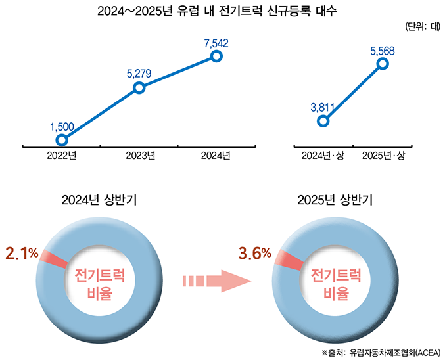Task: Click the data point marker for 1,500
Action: pyautogui.click(x=62, y=140)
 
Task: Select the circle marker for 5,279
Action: pyautogui.click(x=139, y=87)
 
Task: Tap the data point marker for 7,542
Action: pyautogui.click(x=216, y=56)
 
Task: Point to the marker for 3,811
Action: pyautogui.click(x=322, y=121)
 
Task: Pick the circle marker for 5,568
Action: pyautogui.click(x=383, y=64)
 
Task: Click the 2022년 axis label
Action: pyautogui.click(x=62, y=156)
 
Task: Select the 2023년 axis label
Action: pyautogui.click(x=139, y=156)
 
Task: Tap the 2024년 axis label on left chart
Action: pyautogui.click(x=216, y=156)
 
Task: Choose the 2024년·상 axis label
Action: pyautogui.click(x=323, y=156)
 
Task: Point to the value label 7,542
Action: pyautogui.click(x=216, y=43)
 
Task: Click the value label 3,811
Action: pyautogui.click(x=322, y=107)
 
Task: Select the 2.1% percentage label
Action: pyautogui.click(x=22, y=253)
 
